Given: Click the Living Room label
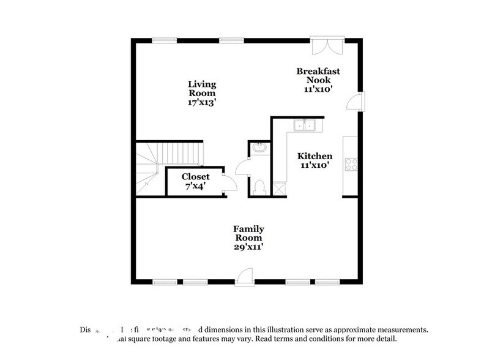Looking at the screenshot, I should coord(202,89).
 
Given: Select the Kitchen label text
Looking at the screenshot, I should coord(315,156).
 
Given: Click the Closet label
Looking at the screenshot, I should coord(196,176).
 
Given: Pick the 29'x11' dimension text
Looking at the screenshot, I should coord(248,247).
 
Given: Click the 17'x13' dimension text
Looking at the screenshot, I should coord(202,103).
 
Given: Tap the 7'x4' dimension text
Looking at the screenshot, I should coord(196,186).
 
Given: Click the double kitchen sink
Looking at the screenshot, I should coord(304,126).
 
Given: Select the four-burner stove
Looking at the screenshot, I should coord(351,163).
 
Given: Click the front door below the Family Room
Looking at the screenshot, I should coord(244,276).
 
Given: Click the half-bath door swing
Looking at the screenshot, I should coord(242,166).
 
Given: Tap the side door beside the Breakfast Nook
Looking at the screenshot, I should coord(355,102).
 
